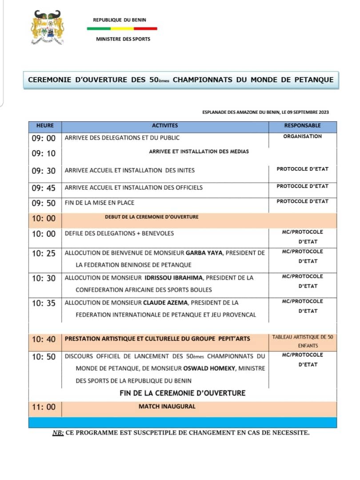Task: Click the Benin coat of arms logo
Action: [47, 28]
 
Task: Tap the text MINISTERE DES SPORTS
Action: [123, 39]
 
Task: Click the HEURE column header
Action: [45, 126]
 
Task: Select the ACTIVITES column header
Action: [165, 126]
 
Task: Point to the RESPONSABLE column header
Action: [302, 126]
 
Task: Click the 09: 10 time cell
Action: [44, 153]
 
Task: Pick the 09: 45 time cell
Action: [44, 188]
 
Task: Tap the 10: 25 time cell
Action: [44, 253]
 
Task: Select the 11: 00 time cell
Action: [44, 407]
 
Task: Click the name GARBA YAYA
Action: [204, 253]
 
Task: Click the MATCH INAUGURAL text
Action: [167, 406]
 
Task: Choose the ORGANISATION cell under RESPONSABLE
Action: [302, 136]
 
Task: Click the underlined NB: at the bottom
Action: [58, 432]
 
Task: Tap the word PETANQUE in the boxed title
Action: [313, 80]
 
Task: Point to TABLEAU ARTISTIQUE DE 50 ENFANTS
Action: [302, 341]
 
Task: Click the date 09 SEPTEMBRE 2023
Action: [309, 112]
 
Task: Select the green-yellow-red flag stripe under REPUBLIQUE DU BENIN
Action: [122, 28]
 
